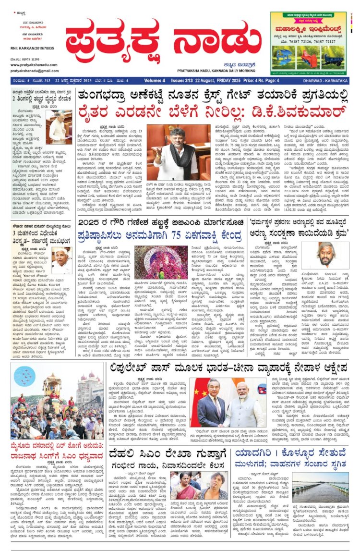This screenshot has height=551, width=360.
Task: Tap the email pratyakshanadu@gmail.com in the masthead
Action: coord(32,71)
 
